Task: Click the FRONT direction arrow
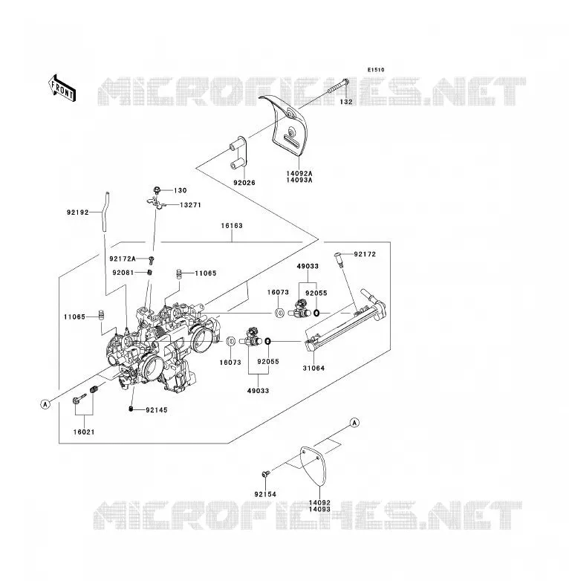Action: click(62, 88)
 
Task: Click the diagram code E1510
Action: click(376, 70)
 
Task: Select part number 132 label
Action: click(346, 102)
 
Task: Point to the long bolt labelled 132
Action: click(338, 86)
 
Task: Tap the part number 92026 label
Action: click(244, 183)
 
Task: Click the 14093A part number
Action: click(299, 180)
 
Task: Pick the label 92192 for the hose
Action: click(78, 212)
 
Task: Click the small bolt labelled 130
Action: click(157, 190)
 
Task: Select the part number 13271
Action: click(190, 205)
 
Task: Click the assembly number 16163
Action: click(232, 226)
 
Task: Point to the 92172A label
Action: click(123, 259)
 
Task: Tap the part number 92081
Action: click(123, 273)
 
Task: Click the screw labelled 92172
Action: click(338, 257)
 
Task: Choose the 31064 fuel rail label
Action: click(313, 368)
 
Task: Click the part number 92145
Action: click(157, 410)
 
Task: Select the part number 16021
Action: click(84, 432)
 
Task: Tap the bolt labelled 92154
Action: click(266, 473)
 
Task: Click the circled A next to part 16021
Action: click(45, 404)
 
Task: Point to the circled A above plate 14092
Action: click(354, 423)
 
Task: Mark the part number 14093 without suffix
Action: click(319, 509)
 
